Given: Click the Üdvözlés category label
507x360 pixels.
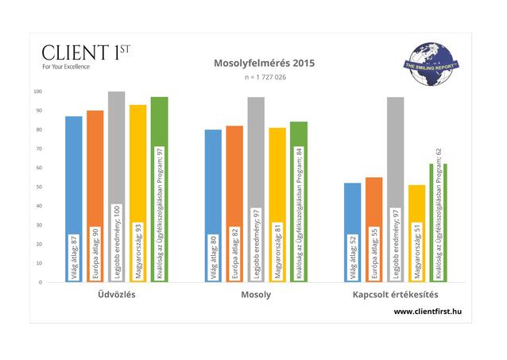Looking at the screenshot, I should [x=116, y=296].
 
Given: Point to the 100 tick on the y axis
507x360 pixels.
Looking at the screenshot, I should [x=38, y=91].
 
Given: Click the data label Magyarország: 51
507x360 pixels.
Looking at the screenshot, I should [x=416, y=246].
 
